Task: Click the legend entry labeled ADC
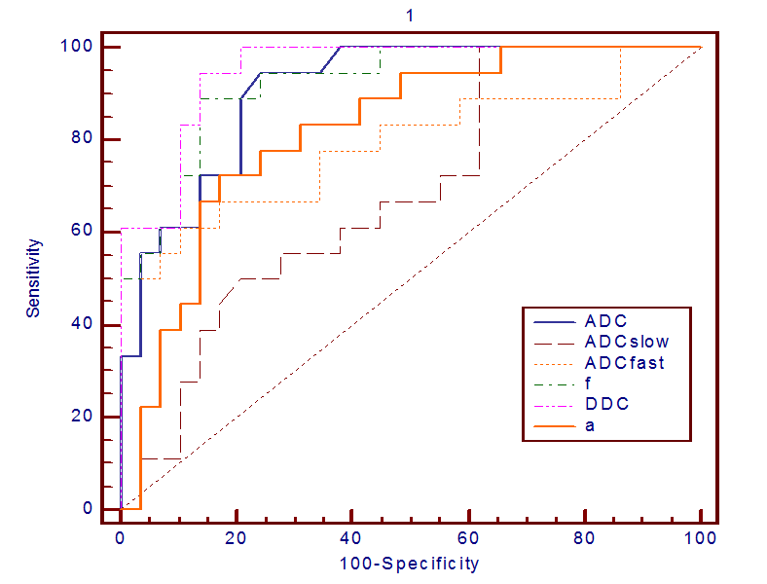click(x=605, y=320)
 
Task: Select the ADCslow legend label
click(x=627, y=342)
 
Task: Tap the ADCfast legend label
click(x=625, y=363)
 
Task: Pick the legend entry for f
click(x=588, y=383)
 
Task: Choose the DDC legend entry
click(x=605, y=404)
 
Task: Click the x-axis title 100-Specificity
click(x=410, y=563)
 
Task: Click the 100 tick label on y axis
click(x=80, y=47)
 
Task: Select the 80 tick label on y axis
click(x=85, y=139)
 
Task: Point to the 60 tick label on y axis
click(x=85, y=232)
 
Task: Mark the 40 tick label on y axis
click(x=85, y=324)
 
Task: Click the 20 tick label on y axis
click(x=85, y=417)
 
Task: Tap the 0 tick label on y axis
click(x=89, y=509)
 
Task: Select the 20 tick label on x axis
click(x=237, y=536)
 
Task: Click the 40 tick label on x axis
click(x=352, y=536)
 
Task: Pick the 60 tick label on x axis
click(x=468, y=536)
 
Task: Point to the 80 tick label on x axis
click(x=585, y=536)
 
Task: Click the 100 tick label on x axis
click(x=701, y=536)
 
